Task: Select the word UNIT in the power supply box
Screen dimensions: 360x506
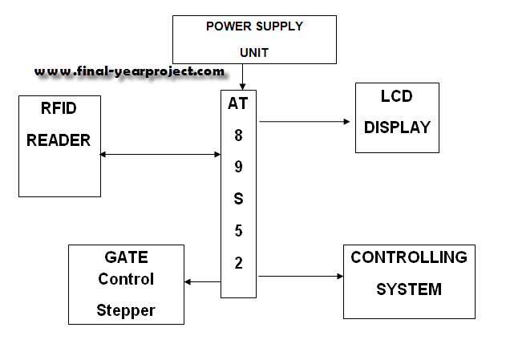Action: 254,53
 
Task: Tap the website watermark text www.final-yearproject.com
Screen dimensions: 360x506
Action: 129,71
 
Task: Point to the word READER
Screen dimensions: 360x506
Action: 59,140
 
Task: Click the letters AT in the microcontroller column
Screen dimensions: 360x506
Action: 238,103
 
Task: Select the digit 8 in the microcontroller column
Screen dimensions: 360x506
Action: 238,136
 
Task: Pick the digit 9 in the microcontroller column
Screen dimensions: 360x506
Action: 238,168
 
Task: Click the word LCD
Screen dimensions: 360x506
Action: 397,98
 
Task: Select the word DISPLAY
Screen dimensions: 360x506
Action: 397,127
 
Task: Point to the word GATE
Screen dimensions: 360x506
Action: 126,258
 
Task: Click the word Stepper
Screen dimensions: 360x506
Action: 126,309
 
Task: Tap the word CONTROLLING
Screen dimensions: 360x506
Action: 409,257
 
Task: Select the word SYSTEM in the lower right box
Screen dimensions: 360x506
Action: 409,289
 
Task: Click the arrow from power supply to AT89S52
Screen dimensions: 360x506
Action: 241,77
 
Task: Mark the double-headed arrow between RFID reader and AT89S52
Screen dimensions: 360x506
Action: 160,154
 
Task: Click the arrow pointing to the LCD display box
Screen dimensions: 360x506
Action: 305,122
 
